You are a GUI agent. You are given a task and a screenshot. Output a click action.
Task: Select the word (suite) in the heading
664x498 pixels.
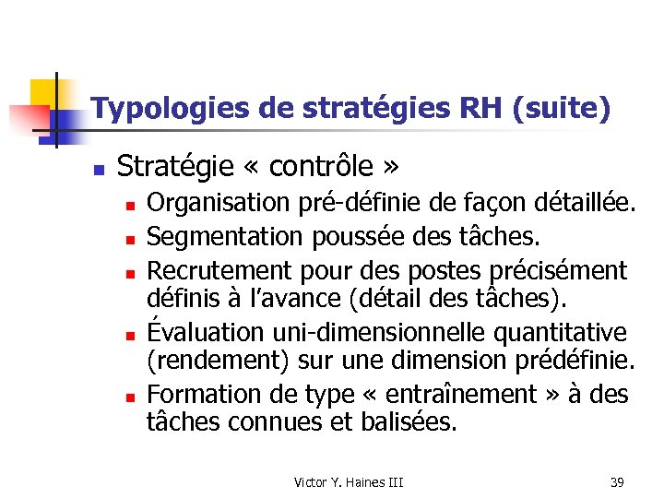pos(565,110)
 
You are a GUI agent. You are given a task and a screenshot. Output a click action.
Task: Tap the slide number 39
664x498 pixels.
pos(617,482)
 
